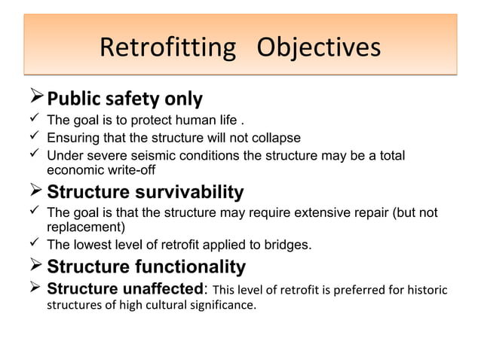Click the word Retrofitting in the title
coord(167,48)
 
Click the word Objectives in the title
coord(318,48)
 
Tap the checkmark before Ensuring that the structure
coord(34,137)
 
